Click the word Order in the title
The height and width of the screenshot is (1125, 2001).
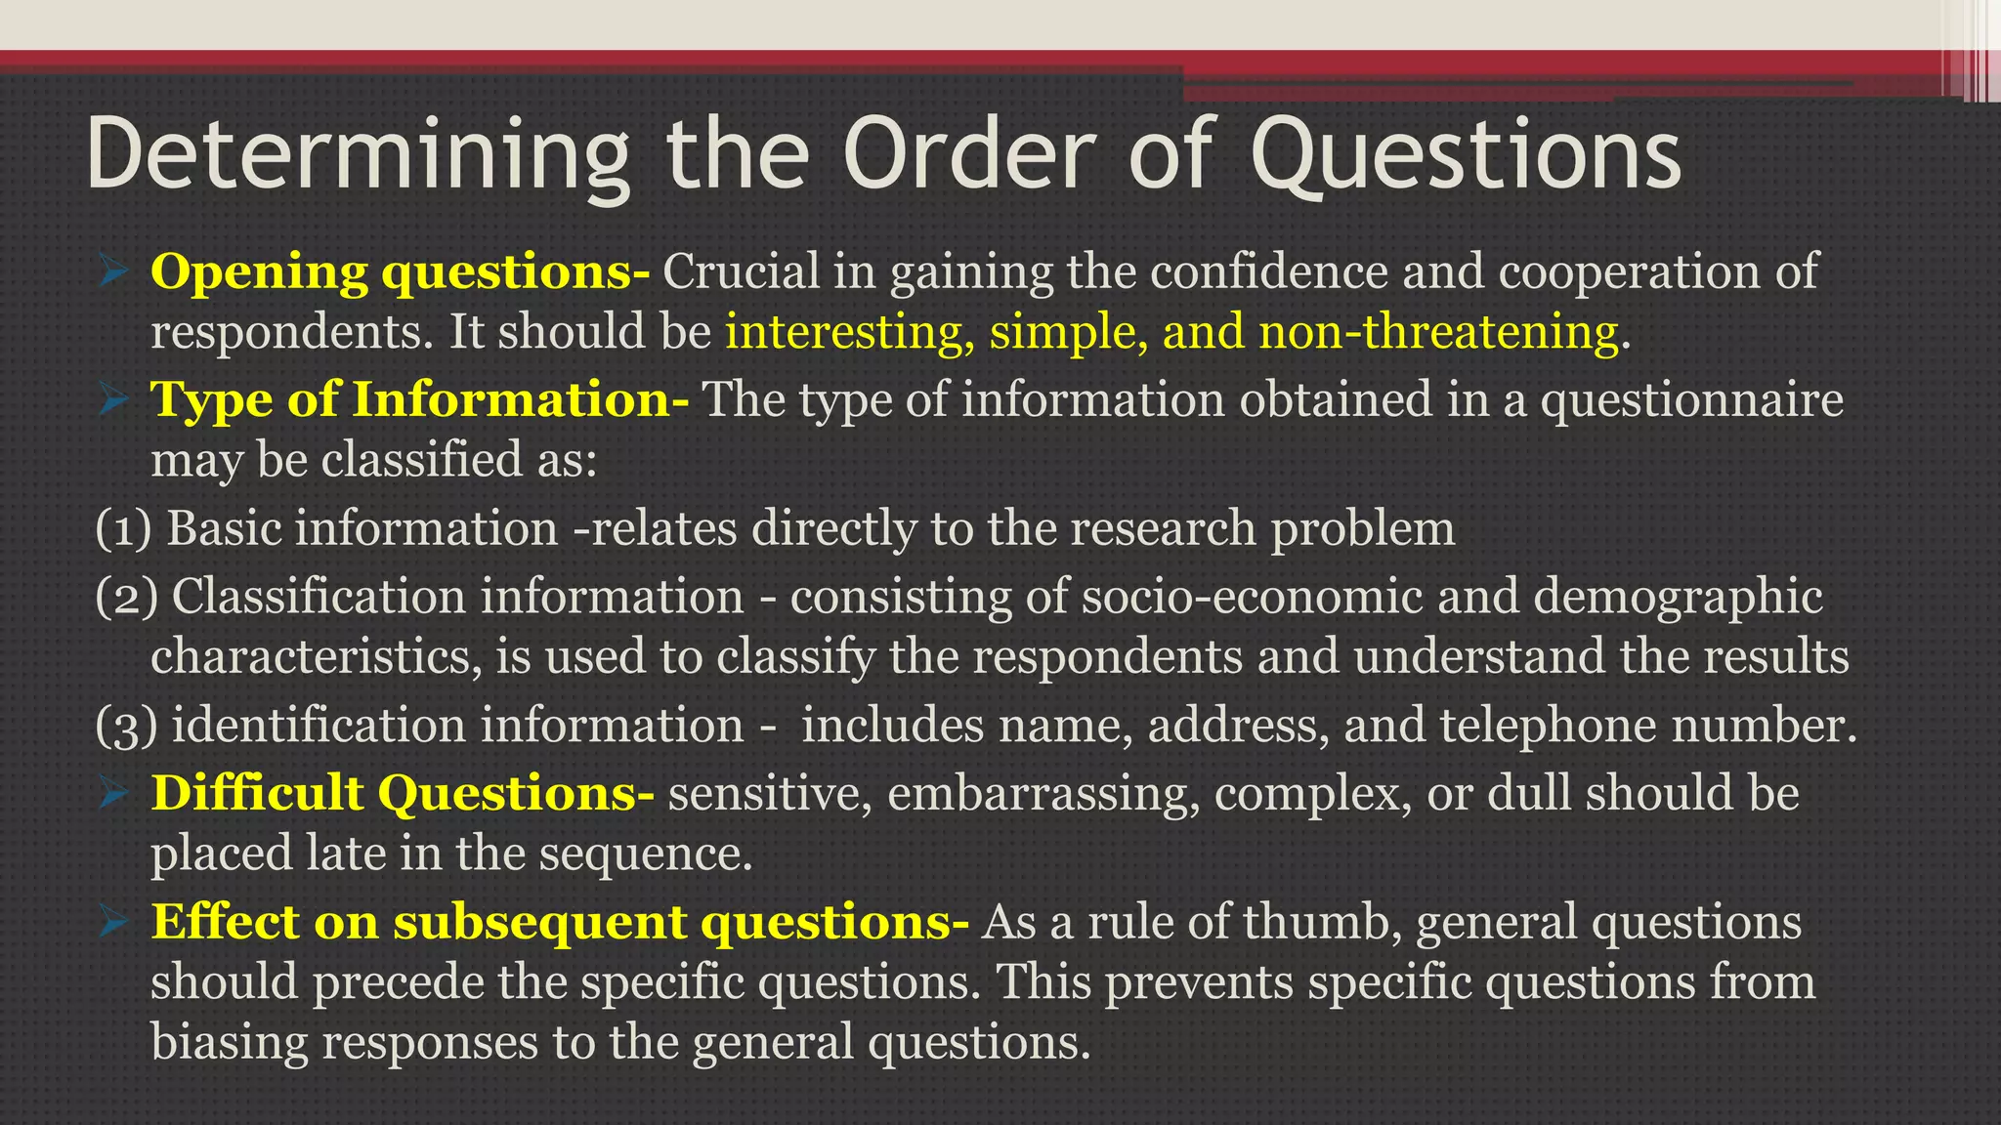click(x=976, y=154)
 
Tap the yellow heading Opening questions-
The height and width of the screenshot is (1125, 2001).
click(x=400, y=271)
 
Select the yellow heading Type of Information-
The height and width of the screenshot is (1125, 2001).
click(x=419, y=399)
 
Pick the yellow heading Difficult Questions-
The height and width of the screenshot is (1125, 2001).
click(x=403, y=792)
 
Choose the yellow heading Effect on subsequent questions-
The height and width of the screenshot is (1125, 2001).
click(x=560, y=921)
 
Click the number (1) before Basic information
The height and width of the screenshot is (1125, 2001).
click(x=124, y=528)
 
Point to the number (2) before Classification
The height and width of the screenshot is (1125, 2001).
click(x=126, y=597)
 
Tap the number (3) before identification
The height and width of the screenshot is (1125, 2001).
click(x=126, y=726)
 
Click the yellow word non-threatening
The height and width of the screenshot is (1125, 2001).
click(x=1438, y=332)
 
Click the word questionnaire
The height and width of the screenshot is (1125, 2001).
click(x=1691, y=399)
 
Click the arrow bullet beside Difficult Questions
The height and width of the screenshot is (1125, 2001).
click(x=114, y=793)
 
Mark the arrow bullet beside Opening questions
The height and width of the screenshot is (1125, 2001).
click(x=114, y=271)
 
